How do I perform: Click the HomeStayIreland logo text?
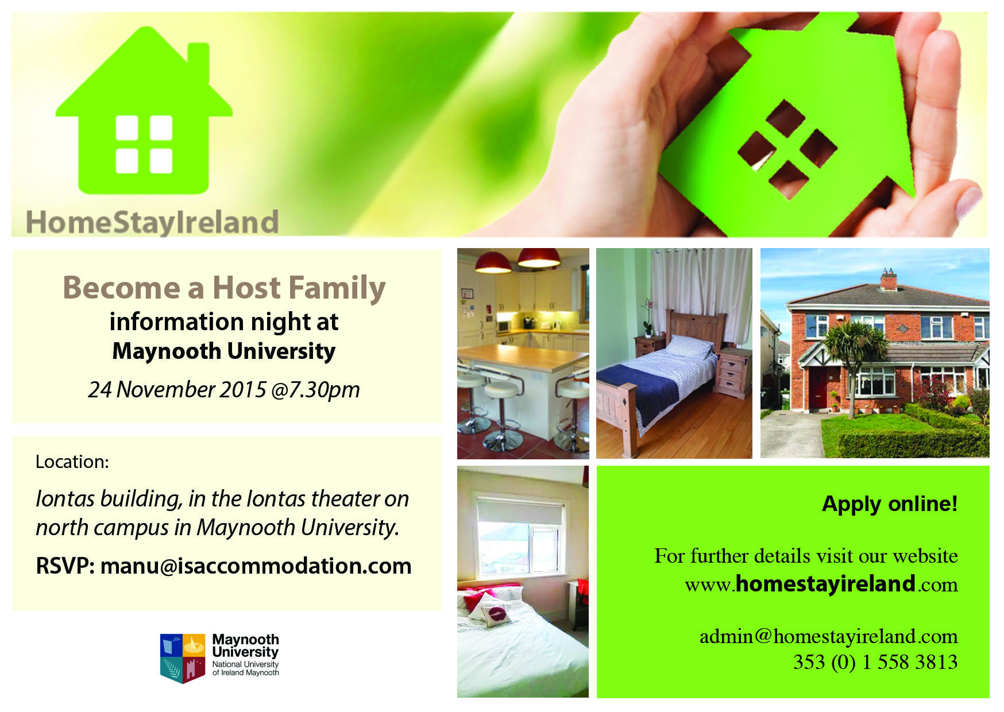[152, 222]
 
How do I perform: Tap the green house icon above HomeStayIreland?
[144, 110]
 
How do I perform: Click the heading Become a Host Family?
[224, 288]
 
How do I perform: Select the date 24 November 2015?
[177, 389]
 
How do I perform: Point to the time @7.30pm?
[315, 390]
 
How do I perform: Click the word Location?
[72, 462]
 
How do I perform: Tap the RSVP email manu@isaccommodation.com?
[256, 566]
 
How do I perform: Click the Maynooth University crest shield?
[183, 658]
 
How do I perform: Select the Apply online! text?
[890, 504]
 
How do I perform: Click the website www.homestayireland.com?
[821, 584]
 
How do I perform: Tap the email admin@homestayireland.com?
[829, 636]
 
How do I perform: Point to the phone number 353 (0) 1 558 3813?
[875, 661]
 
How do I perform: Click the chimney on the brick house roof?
[889, 279]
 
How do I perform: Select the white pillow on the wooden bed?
[691, 346]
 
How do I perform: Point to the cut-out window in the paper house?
[787, 150]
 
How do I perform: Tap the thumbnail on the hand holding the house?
[969, 202]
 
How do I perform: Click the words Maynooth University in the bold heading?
[224, 351]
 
